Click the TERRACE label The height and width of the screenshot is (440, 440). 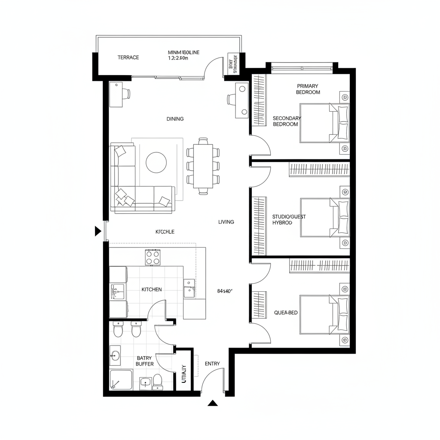(128, 57)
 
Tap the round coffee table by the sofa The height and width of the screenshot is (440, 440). (156, 162)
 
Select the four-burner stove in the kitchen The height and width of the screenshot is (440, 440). (153, 257)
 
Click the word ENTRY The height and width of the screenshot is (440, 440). (212, 364)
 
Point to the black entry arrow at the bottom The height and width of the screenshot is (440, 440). (212, 403)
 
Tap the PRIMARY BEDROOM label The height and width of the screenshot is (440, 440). (308, 89)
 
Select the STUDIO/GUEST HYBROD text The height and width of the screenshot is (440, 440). (289, 220)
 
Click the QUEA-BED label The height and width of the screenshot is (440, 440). (286, 313)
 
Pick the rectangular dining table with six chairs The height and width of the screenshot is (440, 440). (203, 165)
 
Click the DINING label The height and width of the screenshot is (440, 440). (175, 119)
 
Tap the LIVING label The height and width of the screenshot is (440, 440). (226, 222)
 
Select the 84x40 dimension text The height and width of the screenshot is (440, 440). (225, 291)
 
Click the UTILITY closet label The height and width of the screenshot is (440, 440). (184, 374)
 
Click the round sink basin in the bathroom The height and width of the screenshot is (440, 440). (114, 355)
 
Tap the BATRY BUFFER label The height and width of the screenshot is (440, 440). (144, 361)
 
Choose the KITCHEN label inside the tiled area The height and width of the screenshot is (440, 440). (152, 289)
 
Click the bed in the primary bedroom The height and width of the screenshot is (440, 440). (324, 123)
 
